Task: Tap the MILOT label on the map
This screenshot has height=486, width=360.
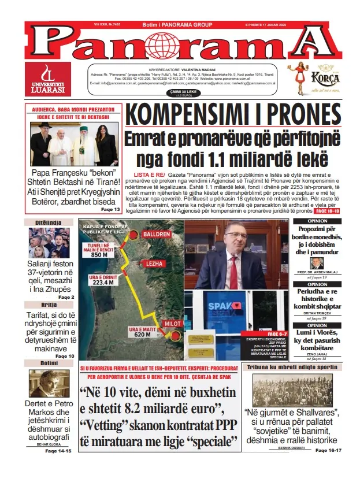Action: click(172, 324)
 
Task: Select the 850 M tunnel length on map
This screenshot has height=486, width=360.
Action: click(99, 254)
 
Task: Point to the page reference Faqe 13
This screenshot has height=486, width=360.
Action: click(110, 209)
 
